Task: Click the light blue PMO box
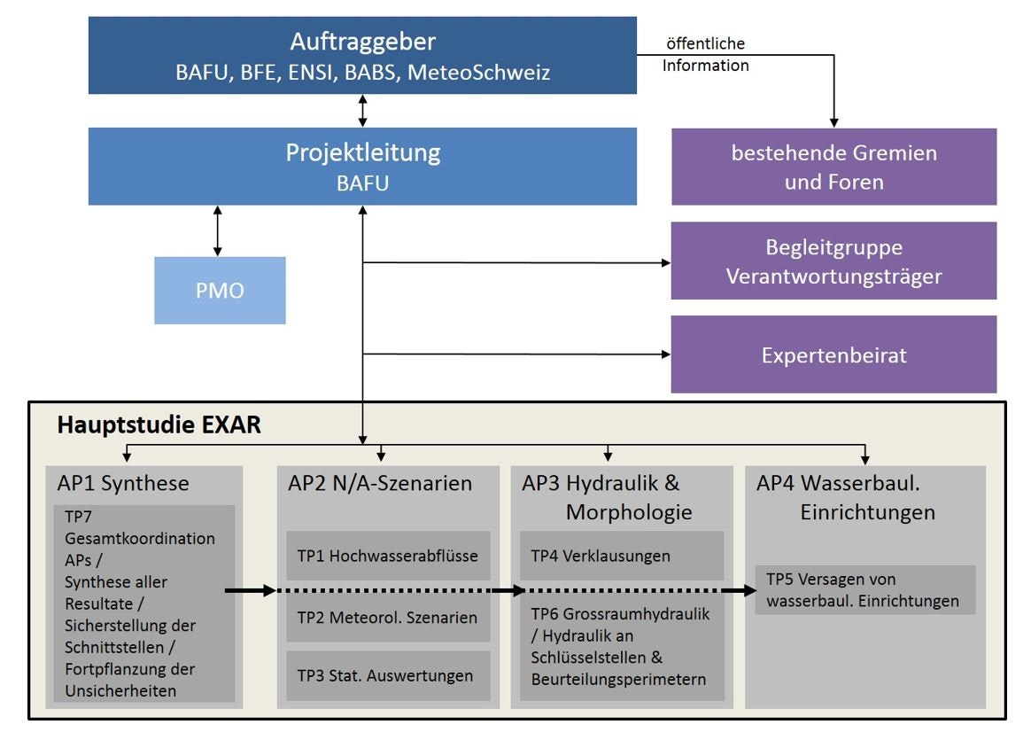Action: [220, 291]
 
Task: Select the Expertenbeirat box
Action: [833, 354]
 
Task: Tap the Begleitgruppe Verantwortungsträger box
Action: [833, 261]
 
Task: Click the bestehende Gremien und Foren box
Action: [833, 167]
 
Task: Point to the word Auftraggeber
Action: [362, 42]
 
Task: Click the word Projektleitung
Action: [362, 152]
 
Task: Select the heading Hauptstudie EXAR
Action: [159, 425]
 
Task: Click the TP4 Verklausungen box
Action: [621, 556]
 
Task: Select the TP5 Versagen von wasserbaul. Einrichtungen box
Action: [864, 590]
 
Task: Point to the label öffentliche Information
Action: [705, 54]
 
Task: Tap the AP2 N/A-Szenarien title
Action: [380, 484]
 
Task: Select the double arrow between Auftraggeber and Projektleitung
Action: [362, 111]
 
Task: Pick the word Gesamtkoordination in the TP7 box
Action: [140, 539]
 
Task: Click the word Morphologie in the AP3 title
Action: [629, 512]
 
